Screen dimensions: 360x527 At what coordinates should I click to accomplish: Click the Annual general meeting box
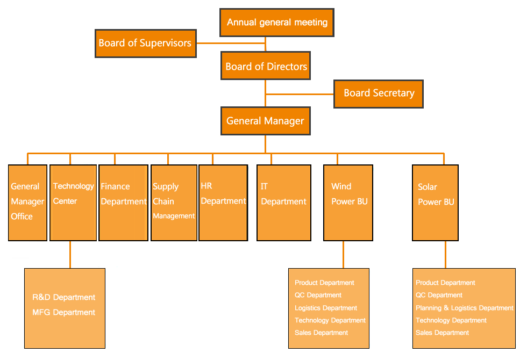click(277, 23)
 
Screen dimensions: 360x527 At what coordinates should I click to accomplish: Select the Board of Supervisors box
click(145, 43)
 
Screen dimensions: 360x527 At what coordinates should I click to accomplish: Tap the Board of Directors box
click(266, 67)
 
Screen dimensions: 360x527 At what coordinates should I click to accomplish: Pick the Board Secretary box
click(379, 93)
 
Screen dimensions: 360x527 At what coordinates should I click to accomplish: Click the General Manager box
click(265, 121)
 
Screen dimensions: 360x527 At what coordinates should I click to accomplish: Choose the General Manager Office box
click(27, 202)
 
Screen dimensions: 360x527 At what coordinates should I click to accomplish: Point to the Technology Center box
click(73, 202)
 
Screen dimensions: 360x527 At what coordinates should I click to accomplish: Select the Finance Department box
click(124, 202)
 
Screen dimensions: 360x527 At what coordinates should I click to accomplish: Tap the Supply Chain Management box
click(174, 202)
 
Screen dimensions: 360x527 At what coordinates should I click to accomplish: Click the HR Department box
click(223, 202)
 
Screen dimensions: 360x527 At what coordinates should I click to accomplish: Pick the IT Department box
click(283, 202)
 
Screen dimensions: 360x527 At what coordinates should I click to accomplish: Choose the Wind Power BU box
click(348, 202)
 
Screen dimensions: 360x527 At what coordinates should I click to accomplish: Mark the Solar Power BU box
click(435, 202)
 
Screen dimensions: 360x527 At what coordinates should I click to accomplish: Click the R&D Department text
click(63, 297)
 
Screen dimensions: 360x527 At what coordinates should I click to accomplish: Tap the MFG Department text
click(63, 312)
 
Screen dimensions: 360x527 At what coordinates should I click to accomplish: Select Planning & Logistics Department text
click(464, 308)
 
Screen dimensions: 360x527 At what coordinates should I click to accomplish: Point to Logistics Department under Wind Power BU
click(325, 308)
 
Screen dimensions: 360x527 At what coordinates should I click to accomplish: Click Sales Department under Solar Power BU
click(442, 333)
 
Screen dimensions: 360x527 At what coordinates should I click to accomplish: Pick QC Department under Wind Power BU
click(318, 295)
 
